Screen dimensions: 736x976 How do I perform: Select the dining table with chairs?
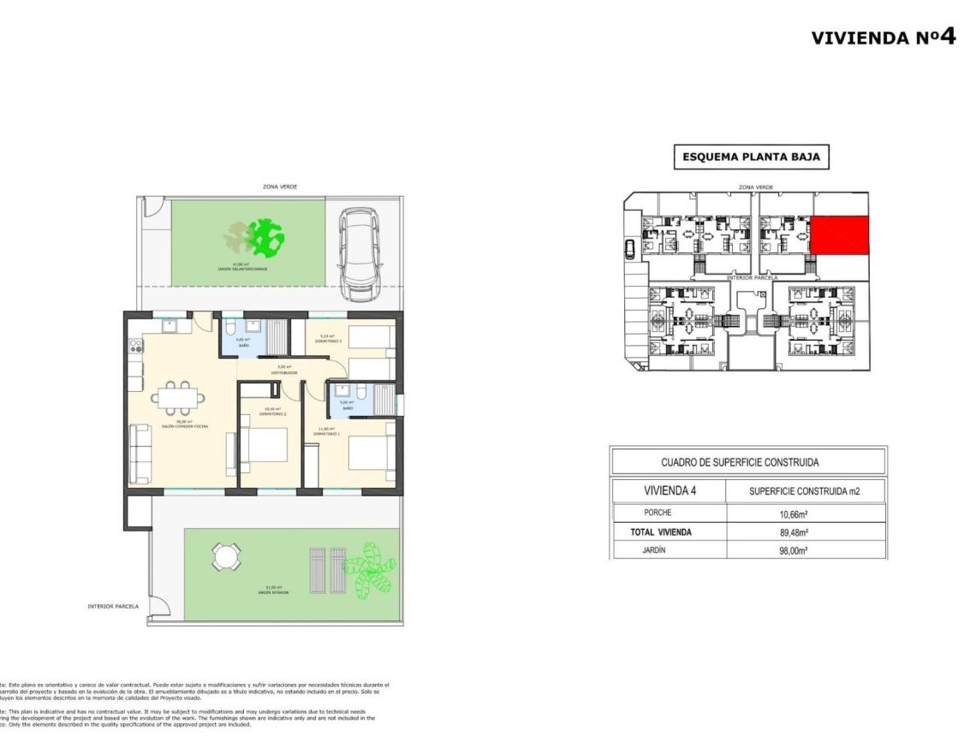(179, 396)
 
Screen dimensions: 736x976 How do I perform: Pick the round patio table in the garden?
(226, 558)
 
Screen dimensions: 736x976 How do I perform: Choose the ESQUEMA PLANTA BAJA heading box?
(752, 157)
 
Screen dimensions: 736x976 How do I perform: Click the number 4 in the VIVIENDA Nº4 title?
(946, 36)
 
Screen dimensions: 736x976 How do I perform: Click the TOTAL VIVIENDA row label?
(661, 532)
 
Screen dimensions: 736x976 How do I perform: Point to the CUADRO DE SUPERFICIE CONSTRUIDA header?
(740, 462)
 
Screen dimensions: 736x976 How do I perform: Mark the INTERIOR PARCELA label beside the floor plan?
(113, 606)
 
